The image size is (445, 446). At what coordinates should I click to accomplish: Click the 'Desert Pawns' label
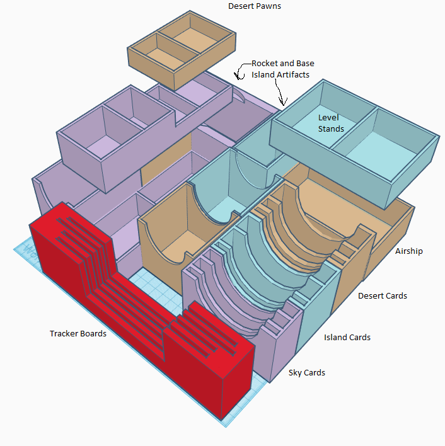pos(255,6)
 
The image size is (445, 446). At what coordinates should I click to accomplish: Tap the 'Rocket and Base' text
pos(283,63)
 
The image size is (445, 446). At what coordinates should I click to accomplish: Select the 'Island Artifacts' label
pos(280,74)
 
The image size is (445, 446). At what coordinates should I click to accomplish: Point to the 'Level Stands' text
pos(331,123)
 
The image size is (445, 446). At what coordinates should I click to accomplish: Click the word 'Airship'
pos(409,251)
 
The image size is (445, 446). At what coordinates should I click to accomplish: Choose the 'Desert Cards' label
pos(383,296)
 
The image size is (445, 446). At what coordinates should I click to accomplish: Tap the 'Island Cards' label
pos(347,338)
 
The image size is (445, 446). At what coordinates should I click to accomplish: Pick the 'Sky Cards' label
pos(307,373)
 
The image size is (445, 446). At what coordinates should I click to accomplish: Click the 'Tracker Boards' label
pos(78,333)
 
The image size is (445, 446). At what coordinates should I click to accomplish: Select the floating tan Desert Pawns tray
pos(182,50)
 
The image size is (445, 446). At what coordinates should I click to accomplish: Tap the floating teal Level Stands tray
pos(354,144)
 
